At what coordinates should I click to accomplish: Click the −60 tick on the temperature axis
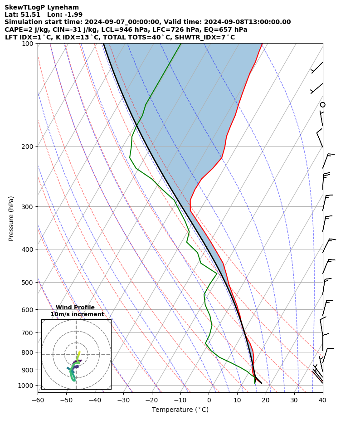pos(38,400)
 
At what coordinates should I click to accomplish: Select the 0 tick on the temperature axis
pos(209,400)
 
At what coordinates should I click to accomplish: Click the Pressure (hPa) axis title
pos(11,218)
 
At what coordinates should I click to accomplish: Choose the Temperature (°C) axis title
pos(180,410)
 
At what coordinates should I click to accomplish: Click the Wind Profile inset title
pos(75,308)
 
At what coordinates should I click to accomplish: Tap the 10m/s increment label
pos(77,314)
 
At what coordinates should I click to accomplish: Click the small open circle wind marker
pos(322,105)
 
